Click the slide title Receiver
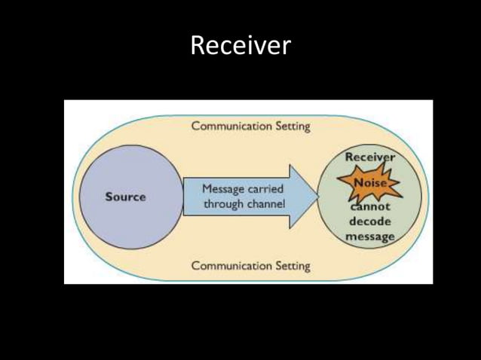(240, 46)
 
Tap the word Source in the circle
(125, 197)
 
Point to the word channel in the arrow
(265, 203)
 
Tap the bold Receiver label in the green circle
(369, 157)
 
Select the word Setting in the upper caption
(290, 127)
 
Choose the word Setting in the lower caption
(290, 266)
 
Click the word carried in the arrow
(268, 188)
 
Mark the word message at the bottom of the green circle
(369, 236)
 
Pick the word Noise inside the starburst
(369, 182)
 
